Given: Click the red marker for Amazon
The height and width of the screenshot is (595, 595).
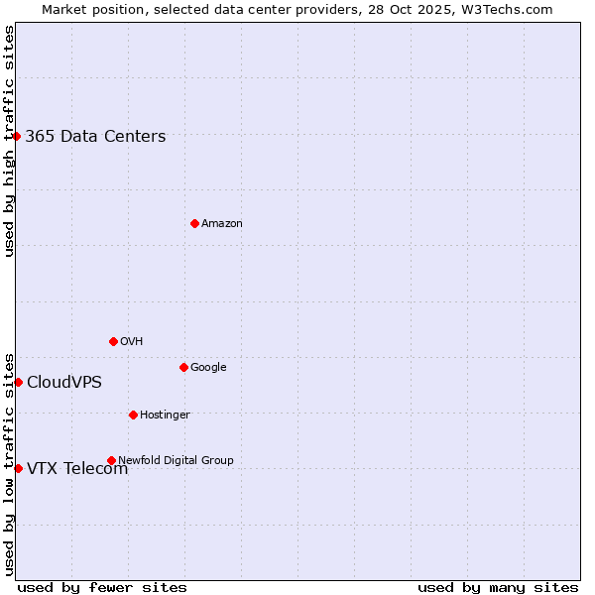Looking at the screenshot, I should click(194, 223).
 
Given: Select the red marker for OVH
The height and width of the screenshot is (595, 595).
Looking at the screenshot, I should click(113, 341).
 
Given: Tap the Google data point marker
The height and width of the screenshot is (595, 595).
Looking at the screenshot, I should click(183, 367).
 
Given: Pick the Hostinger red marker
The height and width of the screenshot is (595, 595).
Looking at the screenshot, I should click(133, 415).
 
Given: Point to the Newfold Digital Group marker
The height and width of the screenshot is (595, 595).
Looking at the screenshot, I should click(111, 460).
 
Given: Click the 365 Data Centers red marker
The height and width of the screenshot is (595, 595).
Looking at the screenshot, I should click(17, 136).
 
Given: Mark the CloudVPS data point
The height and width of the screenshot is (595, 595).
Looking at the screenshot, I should click(18, 382).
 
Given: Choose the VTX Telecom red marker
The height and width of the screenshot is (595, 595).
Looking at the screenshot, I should click(18, 468).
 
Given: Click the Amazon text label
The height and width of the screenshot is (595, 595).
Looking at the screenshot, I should click(222, 224).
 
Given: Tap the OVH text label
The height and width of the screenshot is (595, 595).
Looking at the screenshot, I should click(132, 342).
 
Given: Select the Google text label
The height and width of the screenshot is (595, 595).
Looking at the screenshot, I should click(208, 368).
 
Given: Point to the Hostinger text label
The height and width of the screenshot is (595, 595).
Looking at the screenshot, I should click(165, 416).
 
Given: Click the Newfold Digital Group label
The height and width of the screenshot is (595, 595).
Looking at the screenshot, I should click(176, 460).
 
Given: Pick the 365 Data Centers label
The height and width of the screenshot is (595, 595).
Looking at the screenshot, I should click(95, 137).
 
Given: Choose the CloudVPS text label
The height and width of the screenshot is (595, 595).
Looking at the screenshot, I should click(64, 383).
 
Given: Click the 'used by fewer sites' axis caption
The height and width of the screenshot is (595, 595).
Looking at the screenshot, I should click(102, 587).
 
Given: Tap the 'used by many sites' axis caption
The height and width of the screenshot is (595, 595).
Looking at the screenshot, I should click(498, 587).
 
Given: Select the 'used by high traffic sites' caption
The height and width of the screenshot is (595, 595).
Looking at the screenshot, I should click(9, 141).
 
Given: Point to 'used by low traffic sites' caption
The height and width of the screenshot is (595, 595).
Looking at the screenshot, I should click(9, 463).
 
